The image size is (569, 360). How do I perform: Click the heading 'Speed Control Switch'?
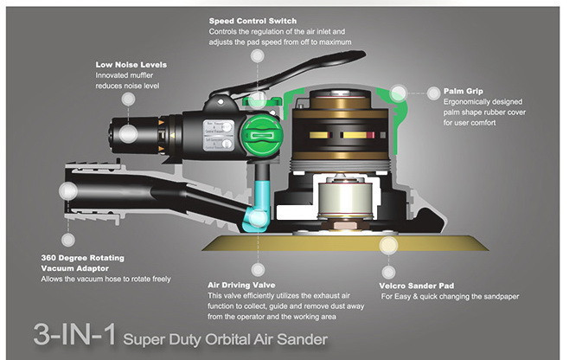pos(252,19)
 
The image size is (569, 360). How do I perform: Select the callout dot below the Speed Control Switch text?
pos(256,55)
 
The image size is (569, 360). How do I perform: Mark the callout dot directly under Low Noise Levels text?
pos(128,99)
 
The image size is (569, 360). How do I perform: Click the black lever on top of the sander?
pos(251,88)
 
